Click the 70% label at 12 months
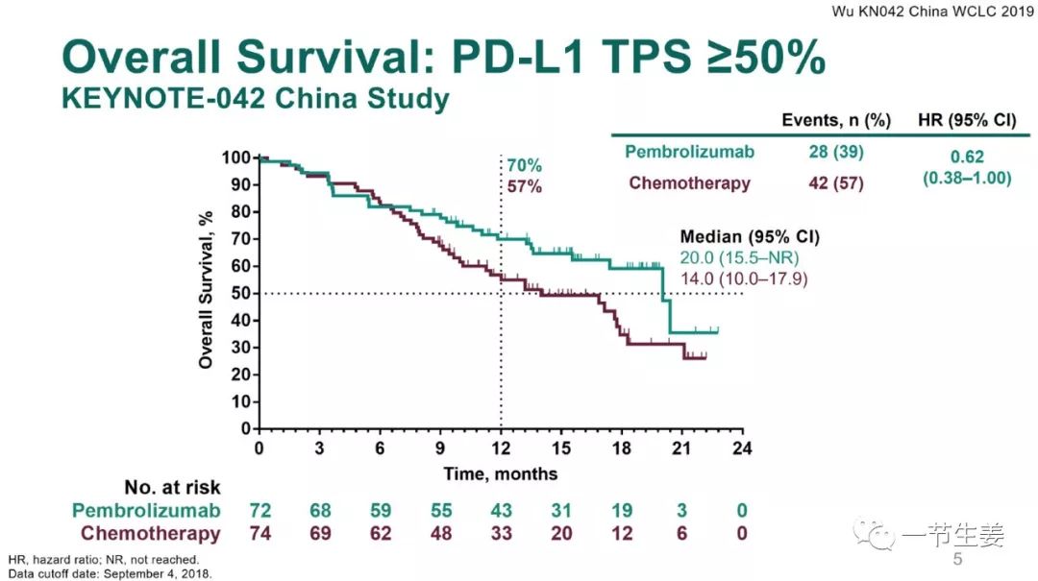tap(525, 164)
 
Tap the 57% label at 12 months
tap(525, 186)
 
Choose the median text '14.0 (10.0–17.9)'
tap(745, 278)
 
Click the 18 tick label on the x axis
tap(622, 448)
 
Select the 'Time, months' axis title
tap(500, 473)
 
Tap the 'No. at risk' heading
tap(172, 488)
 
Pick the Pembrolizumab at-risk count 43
tap(501, 510)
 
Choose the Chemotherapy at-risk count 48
tap(440, 533)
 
